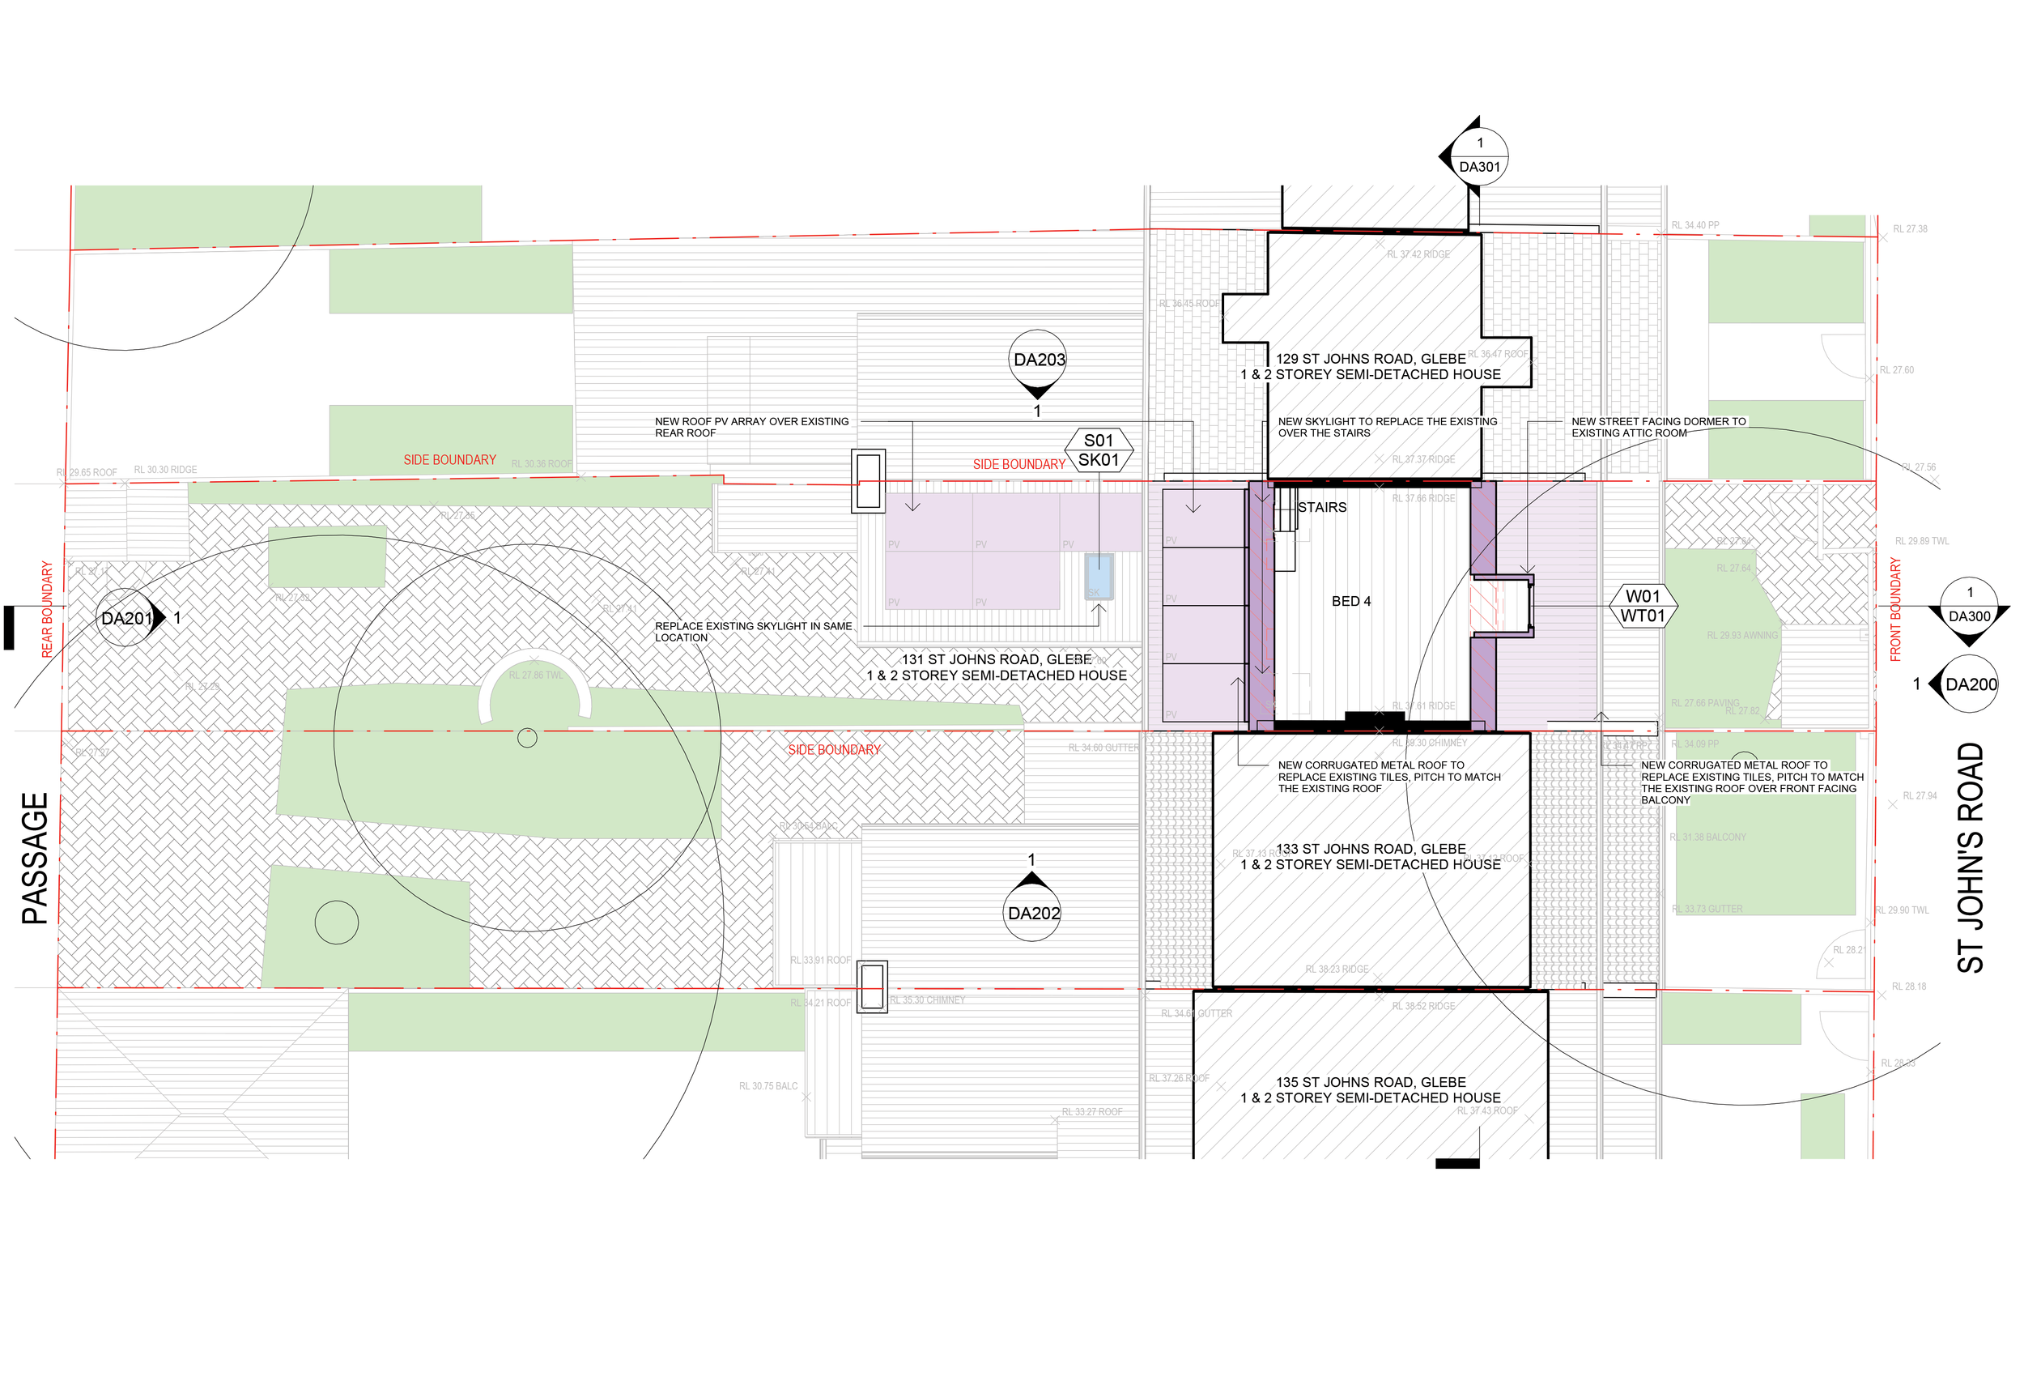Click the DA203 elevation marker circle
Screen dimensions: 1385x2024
(x=1038, y=359)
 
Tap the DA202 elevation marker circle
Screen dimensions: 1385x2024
(x=1033, y=913)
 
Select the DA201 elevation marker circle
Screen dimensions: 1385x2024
(x=125, y=618)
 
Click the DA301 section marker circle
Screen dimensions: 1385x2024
(x=1480, y=156)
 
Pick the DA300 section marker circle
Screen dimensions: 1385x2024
(x=1969, y=607)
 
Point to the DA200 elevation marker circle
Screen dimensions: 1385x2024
(x=1970, y=684)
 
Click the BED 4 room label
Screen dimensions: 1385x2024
(x=1350, y=601)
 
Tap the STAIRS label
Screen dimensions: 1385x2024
(x=1321, y=507)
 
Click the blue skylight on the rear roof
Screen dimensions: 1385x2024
(x=1099, y=575)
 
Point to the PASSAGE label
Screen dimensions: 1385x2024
(x=35, y=858)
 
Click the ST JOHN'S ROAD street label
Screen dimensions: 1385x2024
(x=1970, y=857)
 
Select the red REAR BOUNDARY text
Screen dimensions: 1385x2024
(x=47, y=609)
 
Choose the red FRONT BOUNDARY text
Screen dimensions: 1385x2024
(x=1895, y=610)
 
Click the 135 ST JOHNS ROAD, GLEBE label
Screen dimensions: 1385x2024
(x=1371, y=1082)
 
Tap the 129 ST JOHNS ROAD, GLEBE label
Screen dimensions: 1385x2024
(x=1371, y=359)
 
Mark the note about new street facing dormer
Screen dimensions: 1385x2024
(x=1658, y=427)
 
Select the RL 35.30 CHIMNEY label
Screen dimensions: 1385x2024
(x=928, y=1000)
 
